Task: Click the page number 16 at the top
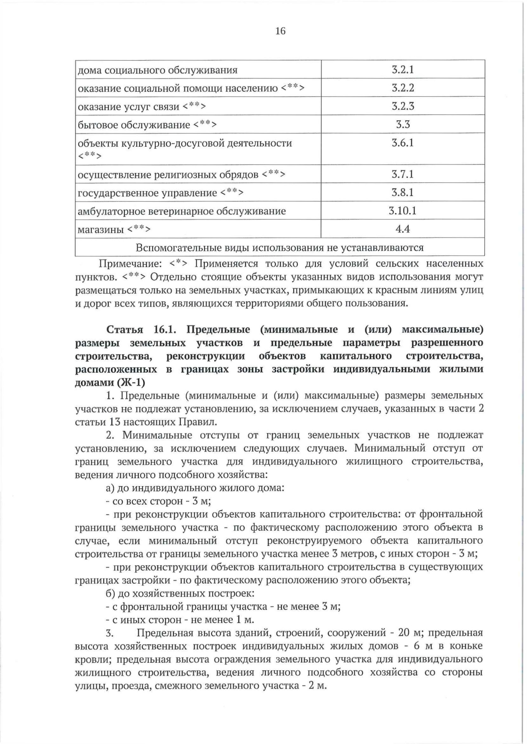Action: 280,31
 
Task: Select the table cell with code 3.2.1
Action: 403,69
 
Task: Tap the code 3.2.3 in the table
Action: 403,106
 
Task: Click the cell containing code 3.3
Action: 403,124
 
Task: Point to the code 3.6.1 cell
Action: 403,143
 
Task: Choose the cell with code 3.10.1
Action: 403,211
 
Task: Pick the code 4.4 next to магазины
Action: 403,229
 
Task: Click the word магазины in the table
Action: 101,229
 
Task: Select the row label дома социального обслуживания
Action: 158,70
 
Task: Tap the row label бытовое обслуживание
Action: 134,125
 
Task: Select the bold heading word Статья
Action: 125,329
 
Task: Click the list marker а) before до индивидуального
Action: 110,488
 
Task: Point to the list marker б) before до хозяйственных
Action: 110,593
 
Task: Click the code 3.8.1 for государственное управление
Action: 403,192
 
